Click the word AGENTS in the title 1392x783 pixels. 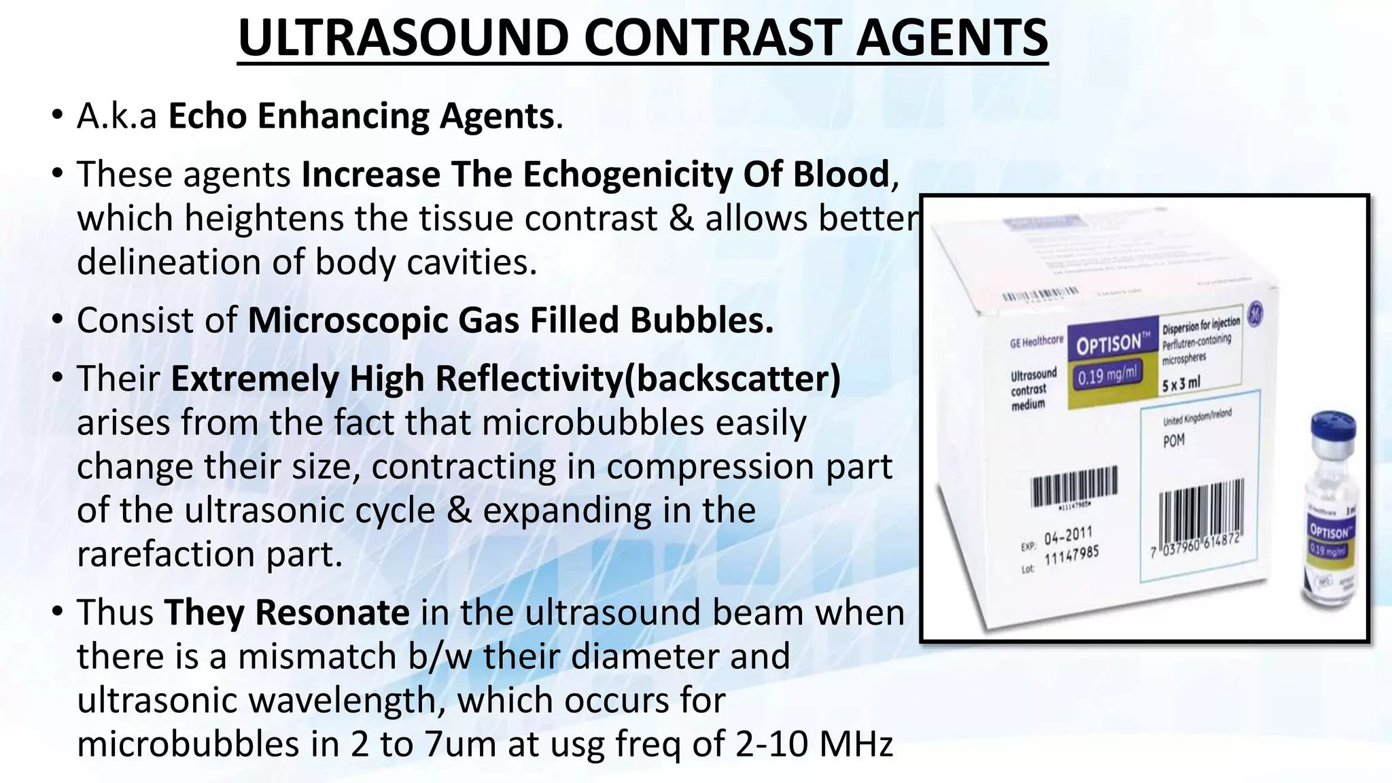[x=952, y=37]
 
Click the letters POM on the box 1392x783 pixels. [x=1174, y=440]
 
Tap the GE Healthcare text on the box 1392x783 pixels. [x=1037, y=342]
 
